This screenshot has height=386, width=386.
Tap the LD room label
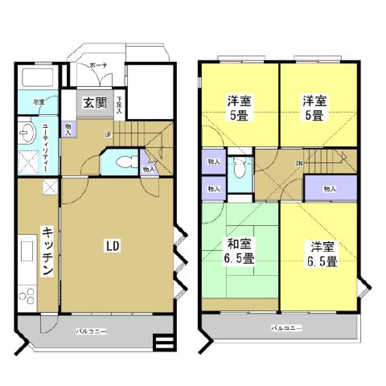point(114,246)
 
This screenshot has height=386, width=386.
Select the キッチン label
point(48,251)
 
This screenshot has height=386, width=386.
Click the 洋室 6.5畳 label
point(322,253)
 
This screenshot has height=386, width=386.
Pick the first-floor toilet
point(123,163)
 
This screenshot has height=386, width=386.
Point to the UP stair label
point(108,135)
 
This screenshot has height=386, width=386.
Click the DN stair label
point(299,163)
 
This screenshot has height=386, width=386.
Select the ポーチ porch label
point(98,65)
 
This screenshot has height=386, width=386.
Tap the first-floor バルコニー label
point(91,332)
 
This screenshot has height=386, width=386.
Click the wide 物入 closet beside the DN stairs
point(330,189)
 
